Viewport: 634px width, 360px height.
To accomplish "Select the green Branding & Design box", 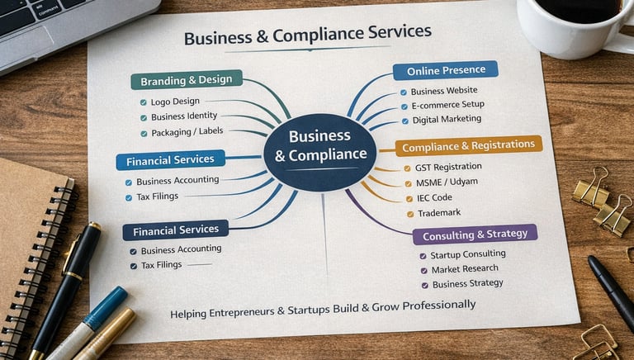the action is (187, 80).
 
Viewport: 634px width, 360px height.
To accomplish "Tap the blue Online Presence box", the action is (446, 70).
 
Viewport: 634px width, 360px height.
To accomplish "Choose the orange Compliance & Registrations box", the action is (469, 146).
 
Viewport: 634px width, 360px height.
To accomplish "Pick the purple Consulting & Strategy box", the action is (475, 234).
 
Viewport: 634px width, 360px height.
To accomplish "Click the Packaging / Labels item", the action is (187, 132).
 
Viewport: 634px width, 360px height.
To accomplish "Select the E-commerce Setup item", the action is (447, 106).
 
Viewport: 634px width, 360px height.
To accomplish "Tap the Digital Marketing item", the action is (446, 120).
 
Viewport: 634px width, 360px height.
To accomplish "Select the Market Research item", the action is (464, 269).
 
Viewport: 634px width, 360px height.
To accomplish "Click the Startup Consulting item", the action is (467, 255).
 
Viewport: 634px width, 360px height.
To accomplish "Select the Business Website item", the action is (444, 91).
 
